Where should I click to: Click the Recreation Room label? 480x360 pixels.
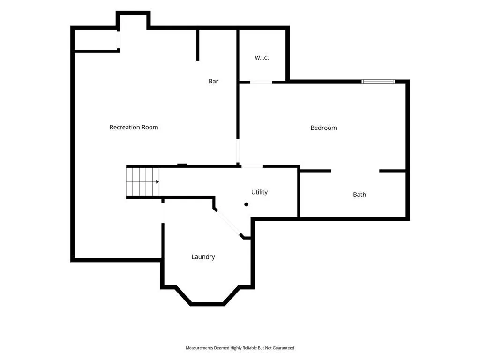coord(134,127)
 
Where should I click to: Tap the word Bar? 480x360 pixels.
coord(213,81)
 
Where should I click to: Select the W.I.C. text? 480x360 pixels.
coord(262,58)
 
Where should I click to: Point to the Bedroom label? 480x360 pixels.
coord(323,127)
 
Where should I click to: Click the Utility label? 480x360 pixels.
coord(259,192)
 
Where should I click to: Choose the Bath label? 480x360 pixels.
coord(360,195)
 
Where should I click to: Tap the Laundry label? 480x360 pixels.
coord(203,257)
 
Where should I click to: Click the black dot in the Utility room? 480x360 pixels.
coord(246,204)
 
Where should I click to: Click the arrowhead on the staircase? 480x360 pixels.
coord(157,182)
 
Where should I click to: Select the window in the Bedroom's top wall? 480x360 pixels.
coord(378,82)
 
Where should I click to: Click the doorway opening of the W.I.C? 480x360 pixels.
coord(261,82)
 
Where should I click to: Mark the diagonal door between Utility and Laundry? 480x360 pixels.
coord(228,222)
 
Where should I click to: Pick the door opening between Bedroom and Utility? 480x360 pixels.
coord(252,166)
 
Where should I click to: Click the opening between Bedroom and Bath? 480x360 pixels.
coord(355,171)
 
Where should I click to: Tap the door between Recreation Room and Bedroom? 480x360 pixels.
coord(238,151)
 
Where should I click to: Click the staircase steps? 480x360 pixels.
coord(142,182)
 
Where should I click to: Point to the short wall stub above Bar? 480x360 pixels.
coord(198,45)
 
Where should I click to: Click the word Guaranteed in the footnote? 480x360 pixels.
coord(283,348)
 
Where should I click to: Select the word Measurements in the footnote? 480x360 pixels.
coord(199,348)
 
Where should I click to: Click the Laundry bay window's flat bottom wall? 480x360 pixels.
coord(208,304)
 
